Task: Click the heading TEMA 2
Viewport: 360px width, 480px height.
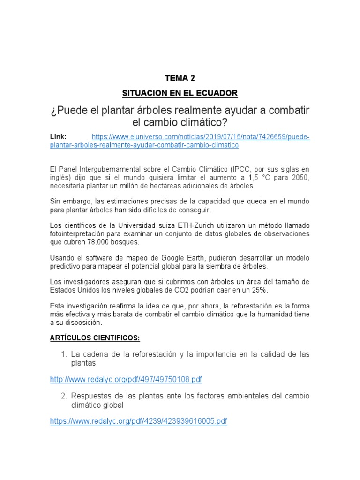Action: pos(180,78)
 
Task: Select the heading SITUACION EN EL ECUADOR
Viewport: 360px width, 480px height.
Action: pos(180,93)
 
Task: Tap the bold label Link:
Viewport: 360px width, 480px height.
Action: pos(59,136)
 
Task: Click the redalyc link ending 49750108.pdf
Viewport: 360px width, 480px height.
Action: pos(126,379)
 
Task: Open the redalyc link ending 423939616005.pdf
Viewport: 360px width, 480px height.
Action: pos(139,421)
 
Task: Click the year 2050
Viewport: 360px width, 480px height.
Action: pos(300,177)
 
